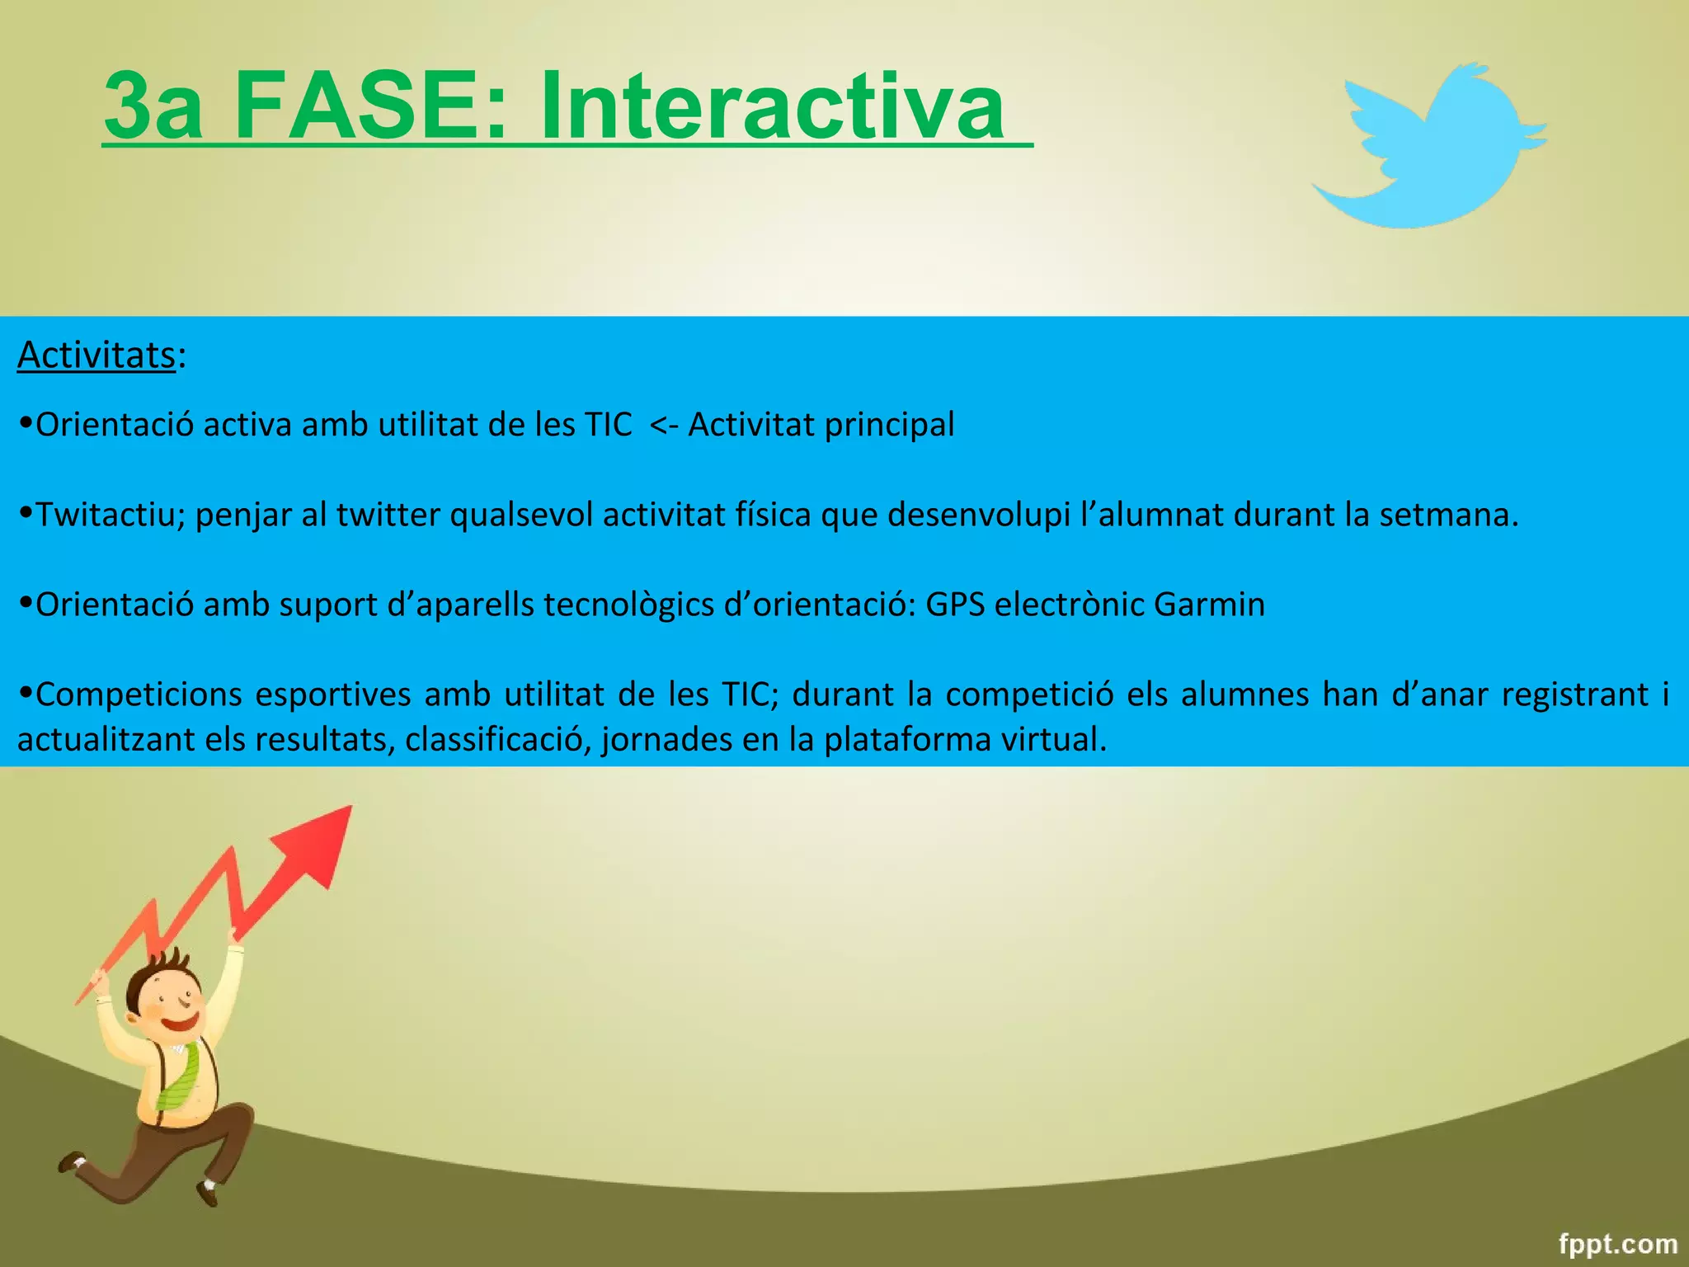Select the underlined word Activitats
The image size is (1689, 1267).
(96, 356)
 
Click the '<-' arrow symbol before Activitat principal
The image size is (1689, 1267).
(664, 426)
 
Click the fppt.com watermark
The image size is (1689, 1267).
(1617, 1243)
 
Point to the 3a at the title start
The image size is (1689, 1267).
(153, 107)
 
